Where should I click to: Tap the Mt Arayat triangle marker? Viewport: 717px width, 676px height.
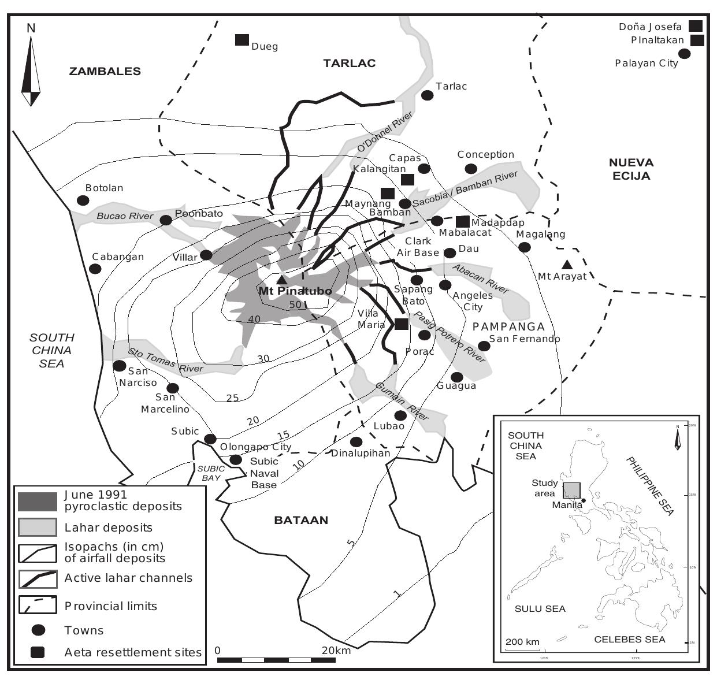(567, 264)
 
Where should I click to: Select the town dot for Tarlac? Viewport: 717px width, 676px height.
(428, 95)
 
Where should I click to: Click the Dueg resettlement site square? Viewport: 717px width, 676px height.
(242, 40)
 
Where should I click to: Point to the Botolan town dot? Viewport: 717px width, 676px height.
(83, 200)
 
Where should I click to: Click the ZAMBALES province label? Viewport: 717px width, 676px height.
(105, 72)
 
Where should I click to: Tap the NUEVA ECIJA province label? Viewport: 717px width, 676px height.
(631, 169)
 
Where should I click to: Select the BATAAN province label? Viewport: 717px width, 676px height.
(301, 520)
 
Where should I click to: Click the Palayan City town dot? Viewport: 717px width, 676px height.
(684, 54)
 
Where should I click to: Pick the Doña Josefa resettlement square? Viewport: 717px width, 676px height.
(696, 26)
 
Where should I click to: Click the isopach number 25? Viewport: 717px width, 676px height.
(232, 398)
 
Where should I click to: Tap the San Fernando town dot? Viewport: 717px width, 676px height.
(484, 346)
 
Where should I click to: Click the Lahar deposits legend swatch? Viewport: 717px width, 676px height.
(38, 527)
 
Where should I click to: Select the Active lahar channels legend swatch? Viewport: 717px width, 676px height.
(38, 578)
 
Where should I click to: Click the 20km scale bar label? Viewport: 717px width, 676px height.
(336, 651)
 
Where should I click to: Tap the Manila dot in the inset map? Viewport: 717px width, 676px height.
(584, 500)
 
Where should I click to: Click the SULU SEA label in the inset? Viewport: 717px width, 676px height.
(540, 609)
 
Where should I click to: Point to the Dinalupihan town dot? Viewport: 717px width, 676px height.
(356, 442)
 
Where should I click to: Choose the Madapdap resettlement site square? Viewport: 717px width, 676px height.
(463, 221)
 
